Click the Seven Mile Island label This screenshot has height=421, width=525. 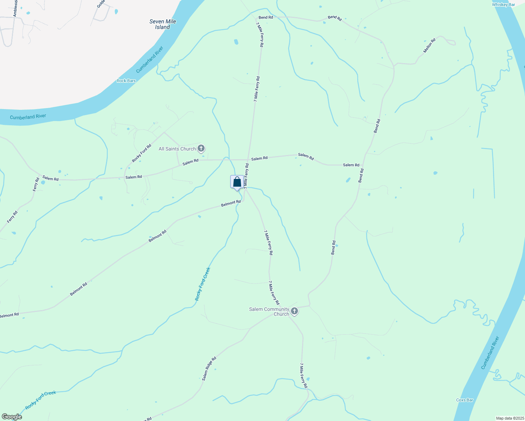click(x=162, y=24)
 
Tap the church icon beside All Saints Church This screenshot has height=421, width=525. click(x=201, y=148)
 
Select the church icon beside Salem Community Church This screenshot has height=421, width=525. click(x=294, y=311)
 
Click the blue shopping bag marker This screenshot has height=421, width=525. click(x=237, y=182)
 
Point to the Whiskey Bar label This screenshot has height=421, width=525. click(x=503, y=5)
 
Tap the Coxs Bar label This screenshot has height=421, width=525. click(x=465, y=400)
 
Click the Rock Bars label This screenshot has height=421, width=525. click(x=126, y=81)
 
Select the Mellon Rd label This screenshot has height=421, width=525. click(x=429, y=45)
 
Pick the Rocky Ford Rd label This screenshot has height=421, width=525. click(x=141, y=153)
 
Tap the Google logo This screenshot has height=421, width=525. click(x=12, y=416)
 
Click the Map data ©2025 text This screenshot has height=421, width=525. click(x=509, y=418)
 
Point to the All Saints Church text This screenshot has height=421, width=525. click(x=177, y=149)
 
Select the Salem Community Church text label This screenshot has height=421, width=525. click(x=269, y=312)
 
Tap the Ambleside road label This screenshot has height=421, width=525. click(x=15, y=8)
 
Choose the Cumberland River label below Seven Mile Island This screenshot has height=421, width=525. click(x=150, y=59)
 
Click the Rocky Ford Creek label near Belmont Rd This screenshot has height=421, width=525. click(x=202, y=284)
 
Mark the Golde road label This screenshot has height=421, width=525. click(x=101, y=4)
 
